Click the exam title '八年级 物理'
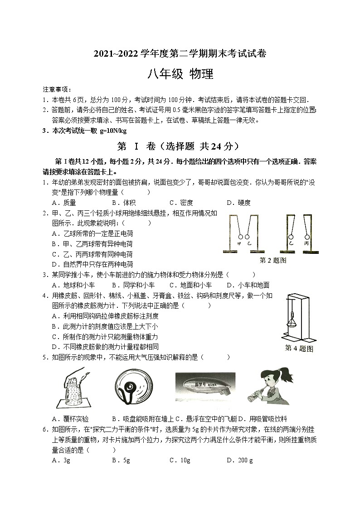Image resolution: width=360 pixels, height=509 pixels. pyautogui.click(x=180, y=74)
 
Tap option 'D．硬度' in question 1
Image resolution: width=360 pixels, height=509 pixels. pyautogui.click(x=238, y=203)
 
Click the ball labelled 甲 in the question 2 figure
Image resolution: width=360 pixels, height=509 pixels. pyautogui.click(x=240, y=237)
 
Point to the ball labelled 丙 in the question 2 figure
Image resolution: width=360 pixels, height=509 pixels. pyautogui.click(x=307, y=237)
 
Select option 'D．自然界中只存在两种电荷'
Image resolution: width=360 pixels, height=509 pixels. pyautogui.click(x=92, y=264)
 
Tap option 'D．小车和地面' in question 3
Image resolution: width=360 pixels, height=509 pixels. pyautogui.click(x=248, y=285)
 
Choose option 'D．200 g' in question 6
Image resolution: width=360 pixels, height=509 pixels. pyautogui.click(x=239, y=461)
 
